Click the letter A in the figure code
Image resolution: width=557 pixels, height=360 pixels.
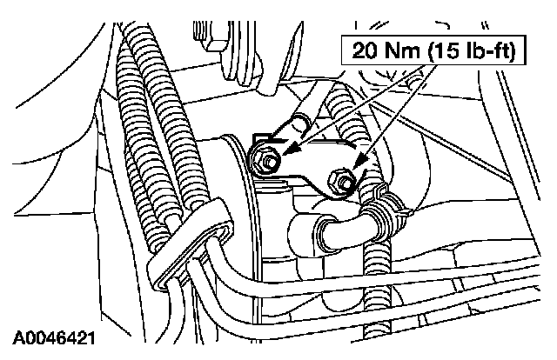(x=17, y=335)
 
